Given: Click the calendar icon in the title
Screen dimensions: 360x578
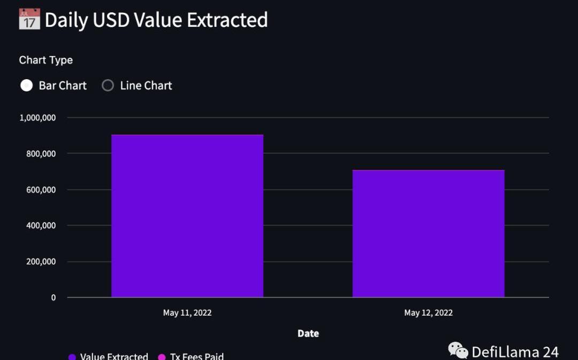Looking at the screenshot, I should (29, 19).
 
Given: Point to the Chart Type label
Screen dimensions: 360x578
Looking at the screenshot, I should (46, 60).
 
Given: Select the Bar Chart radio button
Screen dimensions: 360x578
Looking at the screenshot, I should (26, 86).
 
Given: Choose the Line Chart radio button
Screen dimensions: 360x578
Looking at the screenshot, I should (108, 86).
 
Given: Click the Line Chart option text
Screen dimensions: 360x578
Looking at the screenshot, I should (146, 86).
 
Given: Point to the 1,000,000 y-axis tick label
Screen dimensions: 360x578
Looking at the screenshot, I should (37, 118).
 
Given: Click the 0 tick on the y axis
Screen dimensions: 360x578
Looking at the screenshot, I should (54, 297).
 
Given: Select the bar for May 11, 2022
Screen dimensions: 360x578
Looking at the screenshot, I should (187, 216).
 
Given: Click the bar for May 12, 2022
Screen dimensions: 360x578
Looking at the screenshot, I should (428, 234).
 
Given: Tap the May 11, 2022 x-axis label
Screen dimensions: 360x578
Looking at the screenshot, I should (187, 313).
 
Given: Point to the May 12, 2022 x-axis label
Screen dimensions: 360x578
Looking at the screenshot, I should (428, 313).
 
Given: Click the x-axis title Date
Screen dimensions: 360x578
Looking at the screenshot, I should (308, 333).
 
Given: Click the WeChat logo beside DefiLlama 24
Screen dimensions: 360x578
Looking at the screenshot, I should (458, 351).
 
